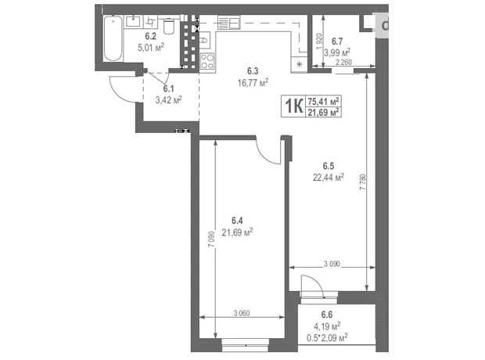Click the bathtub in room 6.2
pos(113,38)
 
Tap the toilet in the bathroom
pos(168,26)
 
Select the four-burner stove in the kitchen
pos(207,61)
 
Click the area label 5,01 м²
pos(151,48)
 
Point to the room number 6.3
pos(253,71)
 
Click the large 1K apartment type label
pos(293,106)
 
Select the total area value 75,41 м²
pos(323,101)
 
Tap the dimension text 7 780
pos(362,182)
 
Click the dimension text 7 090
pos(211,239)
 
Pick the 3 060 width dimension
pos(242,313)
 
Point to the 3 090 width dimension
pos(332,264)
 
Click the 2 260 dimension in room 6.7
pos(343,63)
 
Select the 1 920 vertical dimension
pos(319,41)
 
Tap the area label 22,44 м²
pos(329,178)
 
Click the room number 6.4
pos(237,221)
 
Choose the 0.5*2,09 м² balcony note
pos(327,337)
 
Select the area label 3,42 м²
pos(168,100)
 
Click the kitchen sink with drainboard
pos(229,22)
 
